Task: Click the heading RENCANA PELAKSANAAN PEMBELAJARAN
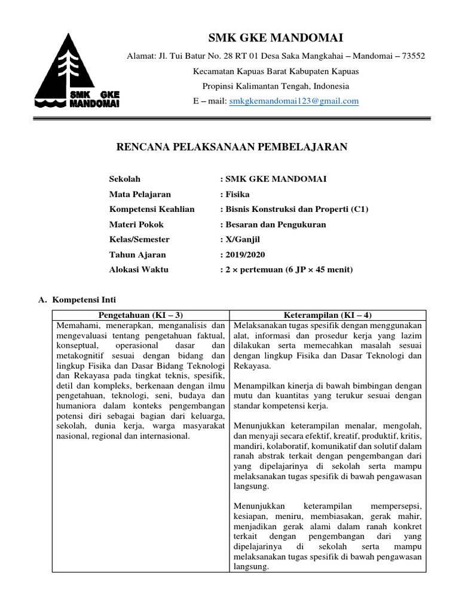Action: coord(231,147)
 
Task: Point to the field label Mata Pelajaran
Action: coord(140,194)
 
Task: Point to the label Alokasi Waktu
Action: coord(139,269)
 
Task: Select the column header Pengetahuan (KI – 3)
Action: coord(140,315)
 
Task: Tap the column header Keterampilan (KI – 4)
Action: coord(329,315)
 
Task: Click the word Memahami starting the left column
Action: coord(75,326)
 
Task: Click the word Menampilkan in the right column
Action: coord(258,386)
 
